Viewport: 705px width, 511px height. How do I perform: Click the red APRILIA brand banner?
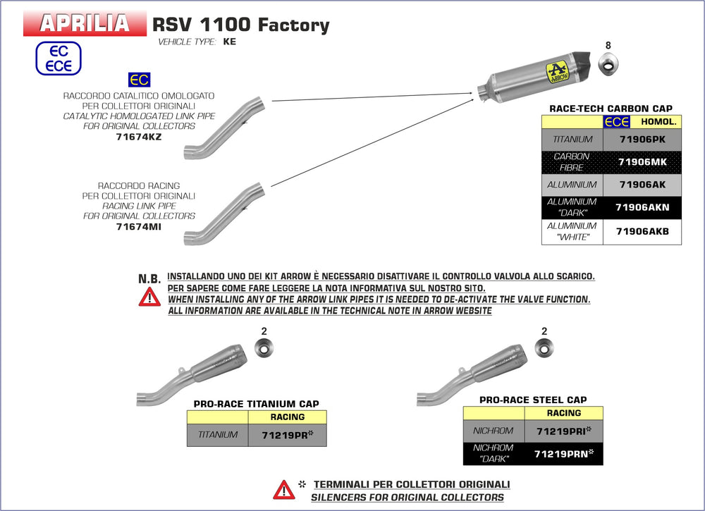(85, 23)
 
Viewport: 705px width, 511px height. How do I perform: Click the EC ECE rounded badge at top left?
(59, 59)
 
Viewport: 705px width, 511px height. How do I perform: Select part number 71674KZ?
(139, 137)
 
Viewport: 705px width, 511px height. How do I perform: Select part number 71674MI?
(139, 226)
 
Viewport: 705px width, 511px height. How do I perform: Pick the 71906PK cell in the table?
(642, 140)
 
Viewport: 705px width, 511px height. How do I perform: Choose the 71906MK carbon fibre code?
(642, 162)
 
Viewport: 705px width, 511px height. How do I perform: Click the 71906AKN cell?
(642, 207)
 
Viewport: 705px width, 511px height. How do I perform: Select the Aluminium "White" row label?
(572, 231)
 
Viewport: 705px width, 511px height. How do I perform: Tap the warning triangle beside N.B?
(149, 297)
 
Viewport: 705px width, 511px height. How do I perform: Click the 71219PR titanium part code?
(288, 434)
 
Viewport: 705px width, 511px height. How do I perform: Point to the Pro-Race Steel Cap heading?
(533, 400)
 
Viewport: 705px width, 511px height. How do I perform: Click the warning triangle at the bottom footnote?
(284, 489)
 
